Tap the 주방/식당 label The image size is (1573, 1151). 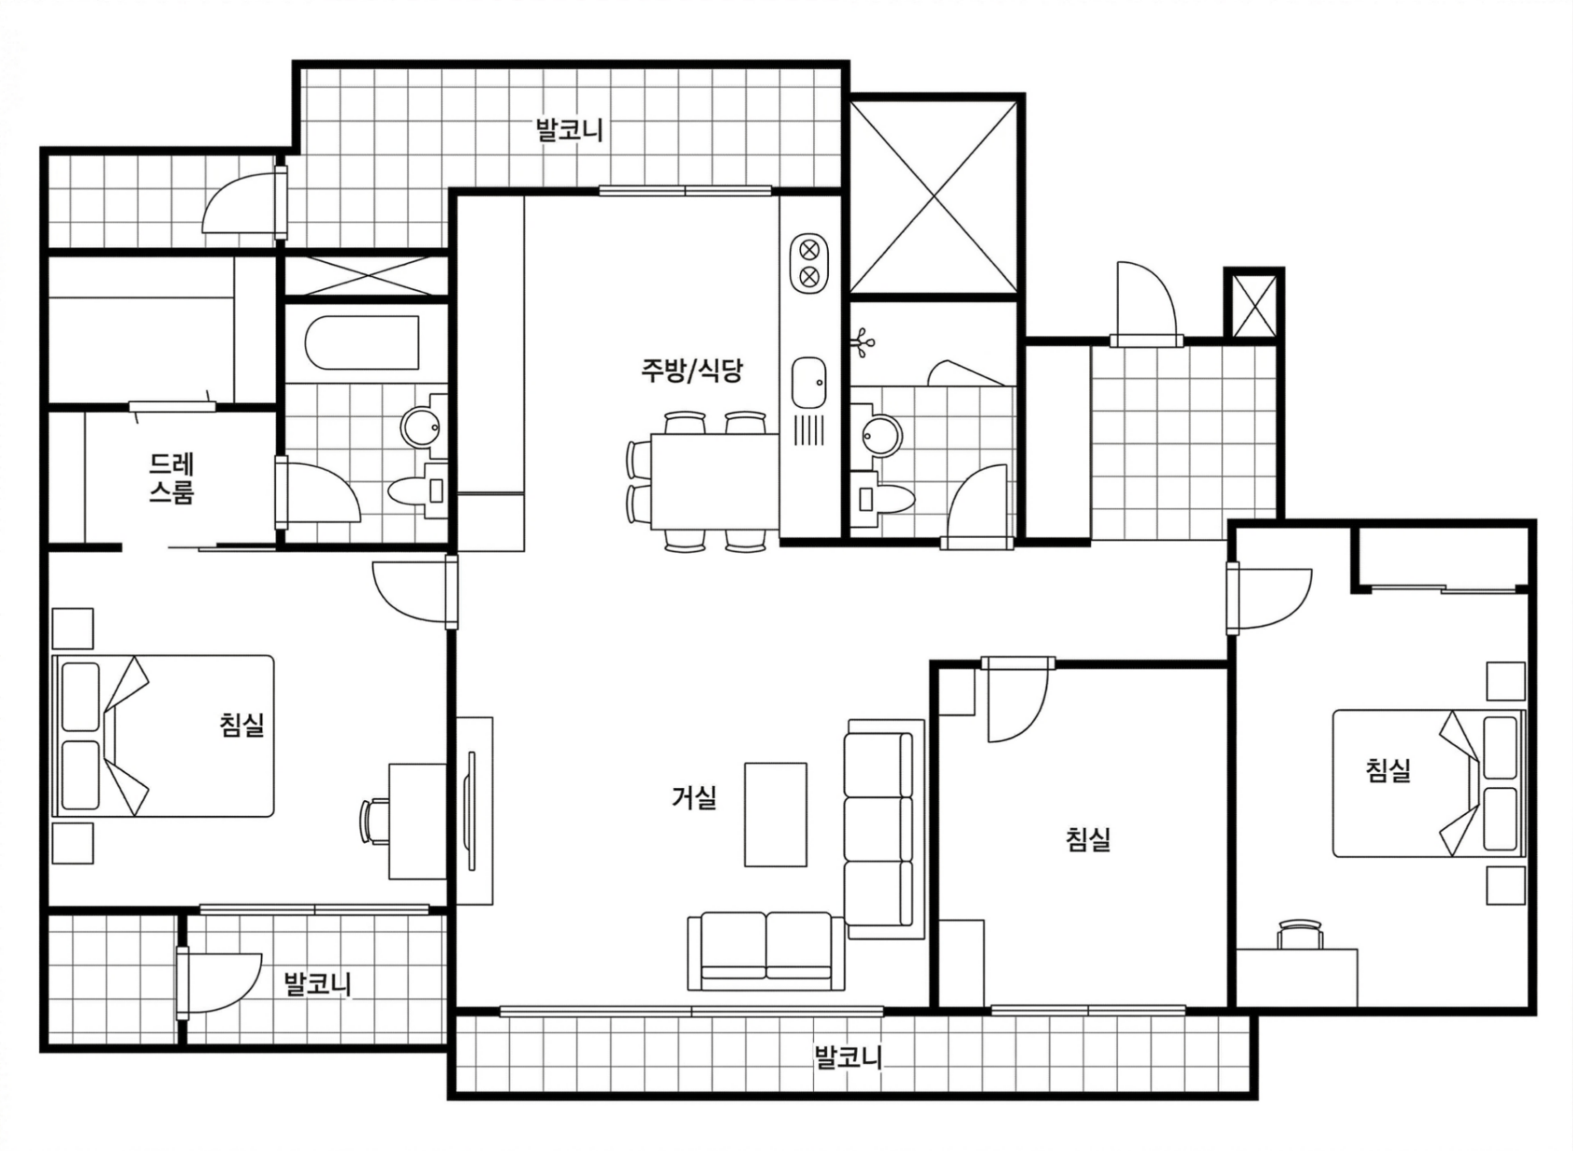[x=692, y=370]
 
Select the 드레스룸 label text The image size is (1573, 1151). [x=171, y=479]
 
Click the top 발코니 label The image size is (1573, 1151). [x=569, y=130]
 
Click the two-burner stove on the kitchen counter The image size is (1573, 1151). [x=809, y=263]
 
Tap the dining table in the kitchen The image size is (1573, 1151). [x=714, y=481]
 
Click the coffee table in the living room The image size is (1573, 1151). [x=776, y=814]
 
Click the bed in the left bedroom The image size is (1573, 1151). [x=164, y=736]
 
